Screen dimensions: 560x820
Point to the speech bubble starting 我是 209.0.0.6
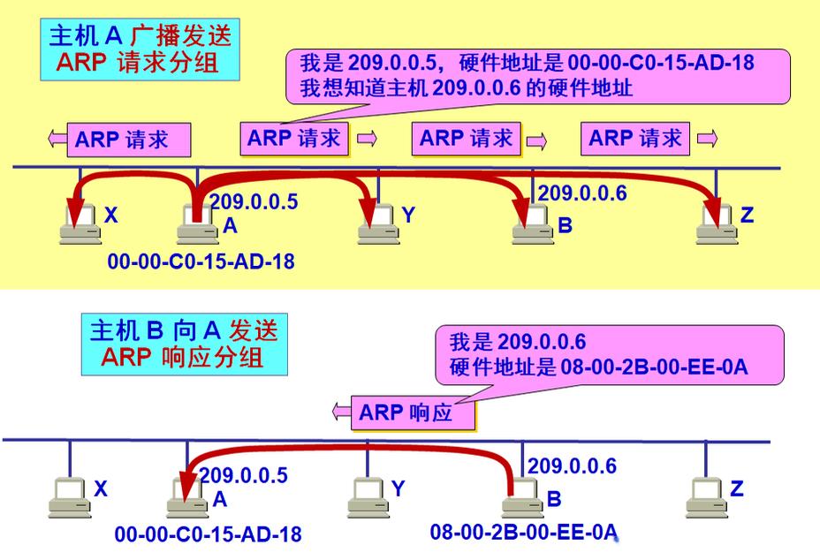(610, 354)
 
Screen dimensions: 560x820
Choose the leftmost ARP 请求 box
(129, 140)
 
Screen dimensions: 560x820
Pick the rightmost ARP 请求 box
(635, 138)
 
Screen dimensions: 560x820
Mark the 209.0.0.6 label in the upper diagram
(582, 193)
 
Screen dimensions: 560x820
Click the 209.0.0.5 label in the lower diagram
(243, 475)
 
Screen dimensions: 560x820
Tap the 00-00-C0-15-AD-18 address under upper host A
(201, 261)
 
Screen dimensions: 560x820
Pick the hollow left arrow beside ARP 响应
(341, 411)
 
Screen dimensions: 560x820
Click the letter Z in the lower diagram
(737, 488)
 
